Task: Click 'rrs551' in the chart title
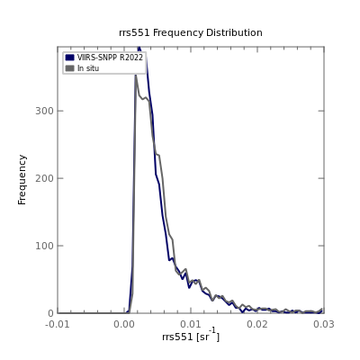[x=134, y=32]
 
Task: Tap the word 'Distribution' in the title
[x=234, y=32]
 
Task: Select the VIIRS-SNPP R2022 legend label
[x=110, y=58]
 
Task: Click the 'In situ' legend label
[x=88, y=68]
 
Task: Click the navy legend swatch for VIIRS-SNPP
[x=69, y=58]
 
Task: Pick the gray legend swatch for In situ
[x=69, y=68]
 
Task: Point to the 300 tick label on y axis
[x=45, y=111]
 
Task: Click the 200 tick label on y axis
[x=45, y=178]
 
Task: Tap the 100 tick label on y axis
[x=45, y=246]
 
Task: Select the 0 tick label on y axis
[x=50, y=313]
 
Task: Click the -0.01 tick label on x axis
[x=58, y=324]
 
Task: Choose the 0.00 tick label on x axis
[x=124, y=324]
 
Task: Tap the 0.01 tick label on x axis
[x=191, y=324]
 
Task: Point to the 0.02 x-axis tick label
[x=257, y=324]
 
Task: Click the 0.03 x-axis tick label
[x=324, y=324]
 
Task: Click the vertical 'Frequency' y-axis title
[x=22, y=180]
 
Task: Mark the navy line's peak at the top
[x=139, y=47]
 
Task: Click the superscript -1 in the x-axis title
[x=212, y=330]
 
